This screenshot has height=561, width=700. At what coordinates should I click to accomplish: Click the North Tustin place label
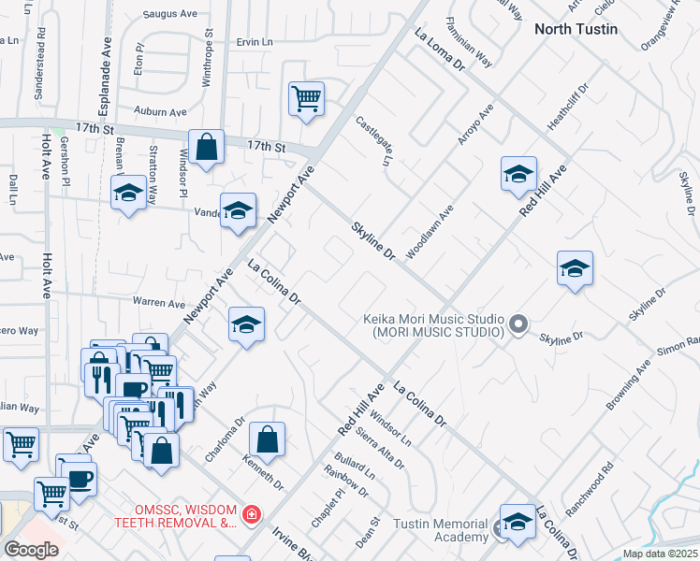[576, 29]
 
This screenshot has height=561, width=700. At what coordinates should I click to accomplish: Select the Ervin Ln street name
[255, 42]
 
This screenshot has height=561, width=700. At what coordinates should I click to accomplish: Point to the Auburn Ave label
[155, 111]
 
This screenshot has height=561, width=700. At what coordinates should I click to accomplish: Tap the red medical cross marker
[251, 514]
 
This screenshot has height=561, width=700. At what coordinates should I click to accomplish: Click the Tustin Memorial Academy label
[440, 530]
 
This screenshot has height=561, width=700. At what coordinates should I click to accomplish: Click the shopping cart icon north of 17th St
[307, 97]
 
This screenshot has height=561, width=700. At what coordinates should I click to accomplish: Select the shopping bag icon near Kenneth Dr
[267, 439]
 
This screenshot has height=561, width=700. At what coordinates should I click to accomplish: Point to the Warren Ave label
[159, 303]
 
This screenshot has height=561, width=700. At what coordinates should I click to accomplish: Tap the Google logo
[31, 550]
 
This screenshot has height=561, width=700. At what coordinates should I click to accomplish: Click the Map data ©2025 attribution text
[659, 554]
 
